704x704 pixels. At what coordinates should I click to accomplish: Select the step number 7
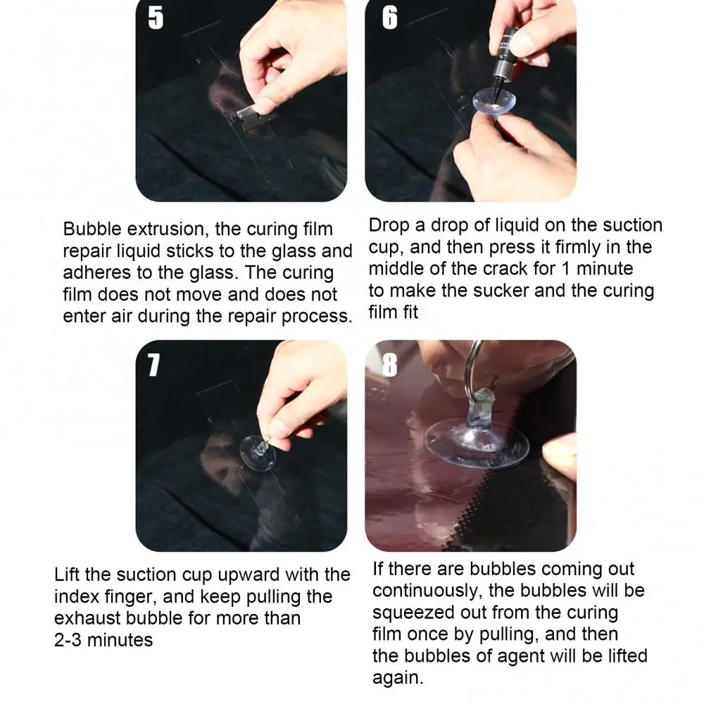point(153,365)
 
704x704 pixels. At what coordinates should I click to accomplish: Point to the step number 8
point(389,365)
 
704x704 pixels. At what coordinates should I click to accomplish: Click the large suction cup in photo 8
point(477,440)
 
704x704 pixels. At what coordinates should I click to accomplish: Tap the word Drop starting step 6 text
point(389,226)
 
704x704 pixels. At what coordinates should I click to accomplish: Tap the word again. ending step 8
point(398,678)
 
